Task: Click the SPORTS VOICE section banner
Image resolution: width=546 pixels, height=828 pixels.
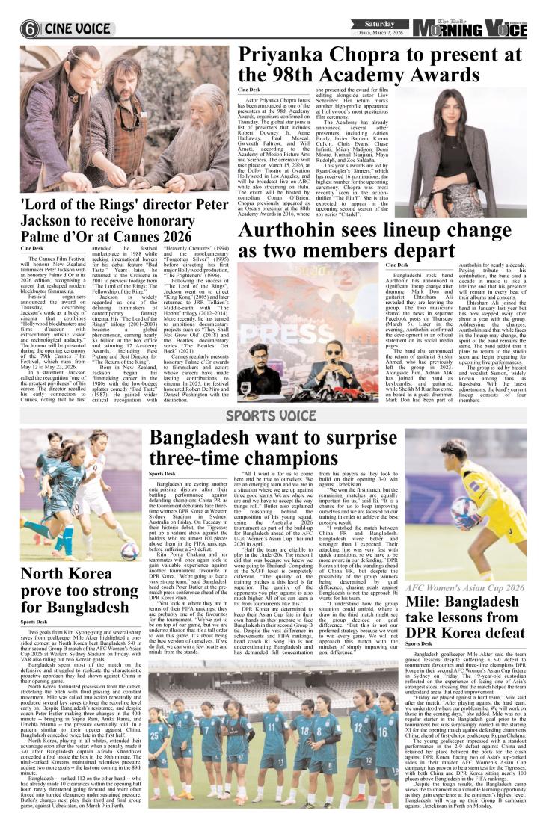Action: tap(272, 413)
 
